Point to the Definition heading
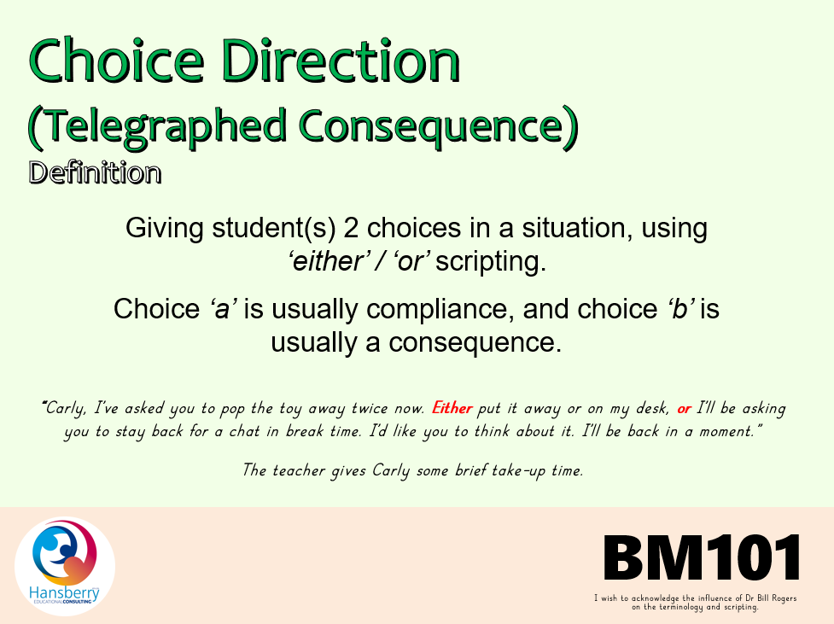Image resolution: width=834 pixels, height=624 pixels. coord(95,173)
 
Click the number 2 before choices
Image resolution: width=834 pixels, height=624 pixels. coord(351,228)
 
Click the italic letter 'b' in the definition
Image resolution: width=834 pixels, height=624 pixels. coord(680,309)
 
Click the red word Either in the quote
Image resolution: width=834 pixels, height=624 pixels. coord(452,408)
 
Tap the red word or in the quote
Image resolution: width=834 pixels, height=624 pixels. coord(684,409)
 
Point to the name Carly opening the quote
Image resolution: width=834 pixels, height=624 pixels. coord(66,409)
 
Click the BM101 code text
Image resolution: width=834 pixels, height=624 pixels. coord(702,557)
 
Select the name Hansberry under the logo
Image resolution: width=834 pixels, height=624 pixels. coord(64,592)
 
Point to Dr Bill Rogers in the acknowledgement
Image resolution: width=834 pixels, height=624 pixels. coord(770,598)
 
